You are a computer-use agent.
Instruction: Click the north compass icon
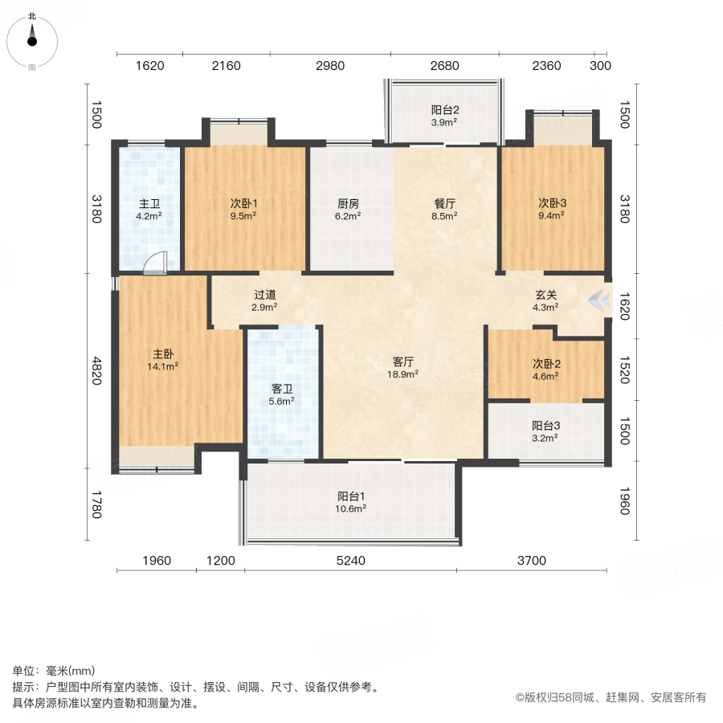click(x=32, y=37)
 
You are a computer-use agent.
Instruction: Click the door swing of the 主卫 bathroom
click(x=157, y=263)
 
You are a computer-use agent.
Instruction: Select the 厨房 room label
click(x=348, y=209)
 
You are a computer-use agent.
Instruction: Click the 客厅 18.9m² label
click(x=404, y=367)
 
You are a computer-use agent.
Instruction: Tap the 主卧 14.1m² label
click(x=164, y=360)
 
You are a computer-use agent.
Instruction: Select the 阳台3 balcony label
click(x=545, y=431)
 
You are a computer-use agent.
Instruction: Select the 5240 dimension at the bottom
click(x=350, y=561)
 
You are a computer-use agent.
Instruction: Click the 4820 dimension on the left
click(x=97, y=371)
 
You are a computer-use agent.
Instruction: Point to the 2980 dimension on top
click(x=330, y=66)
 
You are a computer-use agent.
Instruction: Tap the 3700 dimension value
click(x=531, y=561)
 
